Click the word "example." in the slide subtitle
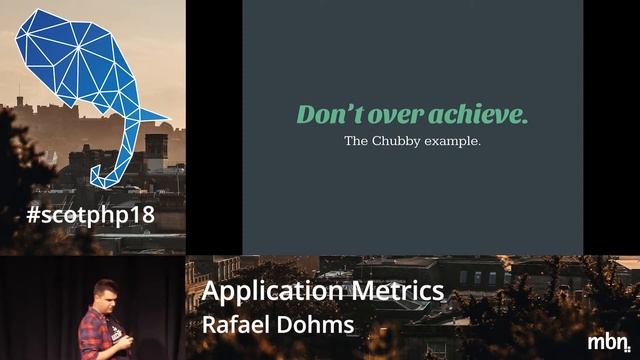456,142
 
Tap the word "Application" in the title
273,291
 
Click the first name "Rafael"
236,325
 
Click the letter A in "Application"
211,291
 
